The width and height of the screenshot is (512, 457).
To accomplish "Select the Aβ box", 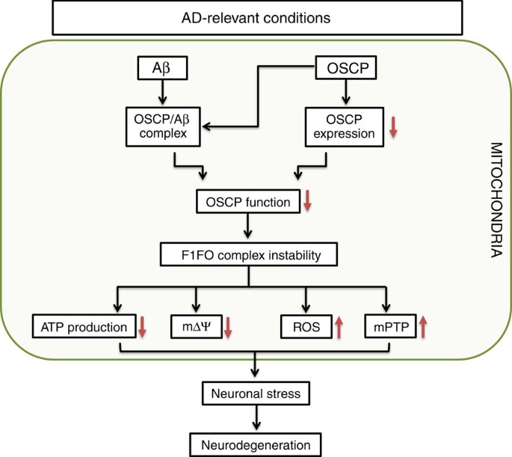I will [161, 69].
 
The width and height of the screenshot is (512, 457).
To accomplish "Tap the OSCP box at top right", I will [344, 69].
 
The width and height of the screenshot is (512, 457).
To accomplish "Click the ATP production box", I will [83, 326].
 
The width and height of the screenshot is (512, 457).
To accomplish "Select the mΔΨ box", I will [197, 326].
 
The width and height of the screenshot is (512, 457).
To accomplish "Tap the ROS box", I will [304, 326].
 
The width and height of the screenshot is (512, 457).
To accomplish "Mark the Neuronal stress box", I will [256, 391].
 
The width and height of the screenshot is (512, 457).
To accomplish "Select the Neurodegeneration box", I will [256, 444].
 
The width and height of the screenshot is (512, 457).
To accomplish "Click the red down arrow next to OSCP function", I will [306, 200].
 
